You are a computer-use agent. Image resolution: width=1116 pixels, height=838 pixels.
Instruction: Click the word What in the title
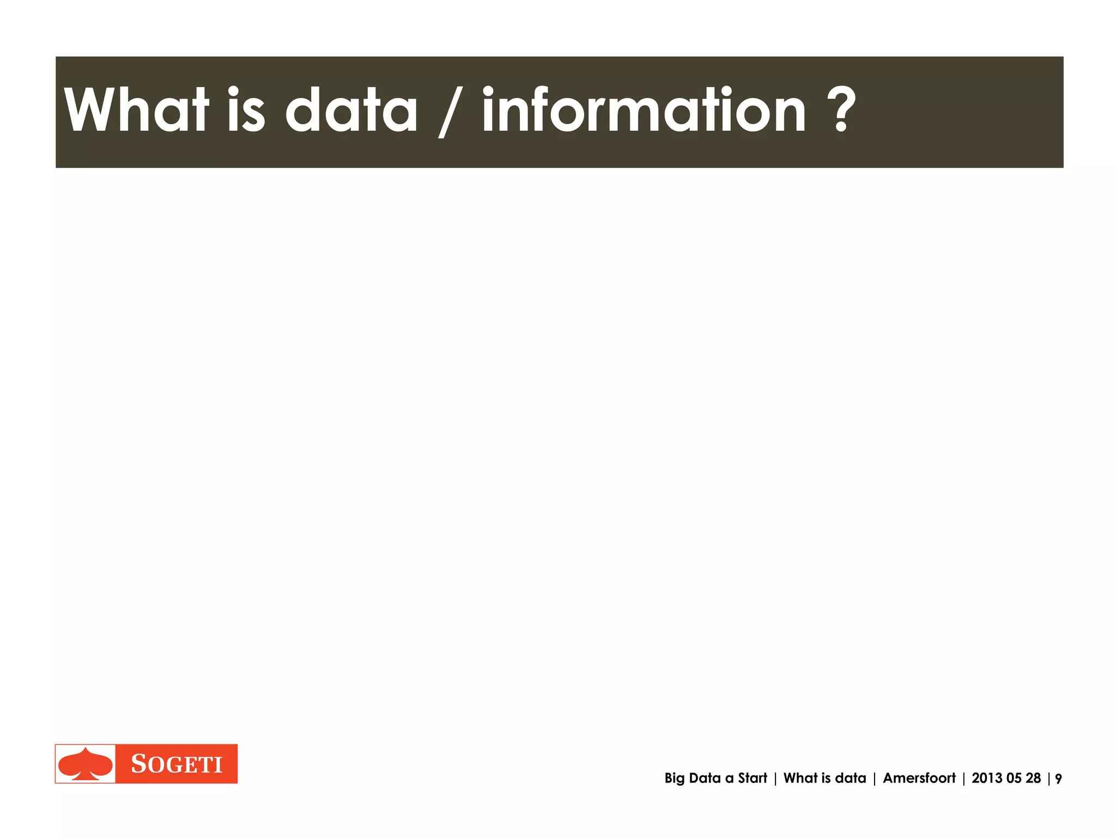[136, 111]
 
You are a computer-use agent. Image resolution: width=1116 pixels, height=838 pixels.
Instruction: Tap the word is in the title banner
[246, 111]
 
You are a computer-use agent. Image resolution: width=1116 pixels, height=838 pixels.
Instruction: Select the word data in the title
[351, 111]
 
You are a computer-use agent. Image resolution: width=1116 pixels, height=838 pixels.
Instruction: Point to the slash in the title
[450, 113]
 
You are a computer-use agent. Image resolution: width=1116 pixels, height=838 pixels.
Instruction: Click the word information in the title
[644, 111]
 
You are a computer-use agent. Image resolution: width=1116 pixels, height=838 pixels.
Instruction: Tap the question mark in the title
[841, 111]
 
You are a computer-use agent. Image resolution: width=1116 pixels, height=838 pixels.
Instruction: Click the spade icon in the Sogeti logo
[86, 764]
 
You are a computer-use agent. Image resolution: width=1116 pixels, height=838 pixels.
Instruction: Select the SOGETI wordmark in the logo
[177, 764]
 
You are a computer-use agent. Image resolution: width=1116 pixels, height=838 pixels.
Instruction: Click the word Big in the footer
[674, 779]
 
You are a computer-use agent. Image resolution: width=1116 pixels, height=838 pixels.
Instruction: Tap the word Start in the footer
[753, 778]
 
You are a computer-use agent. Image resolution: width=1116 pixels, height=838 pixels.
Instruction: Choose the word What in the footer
[800, 778]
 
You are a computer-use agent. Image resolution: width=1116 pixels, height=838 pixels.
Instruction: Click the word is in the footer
[826, 778]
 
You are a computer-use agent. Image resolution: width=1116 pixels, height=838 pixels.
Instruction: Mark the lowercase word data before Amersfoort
[851, 778]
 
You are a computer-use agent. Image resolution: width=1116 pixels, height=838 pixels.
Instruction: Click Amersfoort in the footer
[919, 778]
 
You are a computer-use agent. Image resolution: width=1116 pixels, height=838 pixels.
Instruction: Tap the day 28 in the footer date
[1034, 778]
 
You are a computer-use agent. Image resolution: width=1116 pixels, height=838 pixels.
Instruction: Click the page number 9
[1058, 779]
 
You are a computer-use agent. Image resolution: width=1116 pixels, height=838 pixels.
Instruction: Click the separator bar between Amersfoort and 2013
[963, 779]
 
